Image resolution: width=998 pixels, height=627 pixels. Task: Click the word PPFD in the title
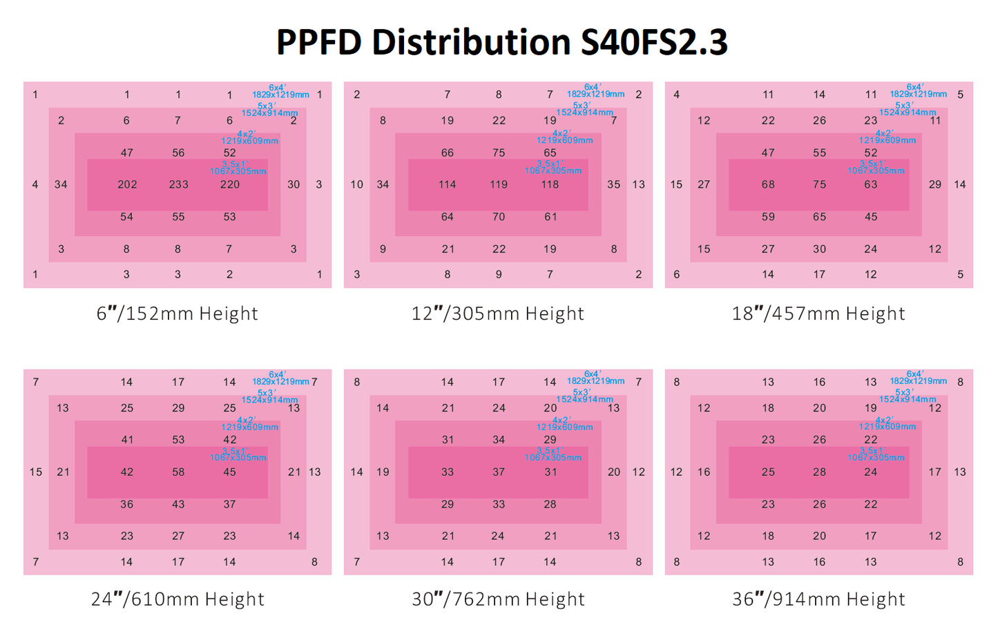tap(318, 43)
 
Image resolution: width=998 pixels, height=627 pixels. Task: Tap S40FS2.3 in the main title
tap(653, 43)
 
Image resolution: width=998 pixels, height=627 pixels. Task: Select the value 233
tap(178, 184)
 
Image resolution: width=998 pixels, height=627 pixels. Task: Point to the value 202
tap(127, 184)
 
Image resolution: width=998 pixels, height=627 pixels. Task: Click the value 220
tap(230, 184)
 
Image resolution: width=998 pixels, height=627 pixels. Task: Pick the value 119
tap(499, 184)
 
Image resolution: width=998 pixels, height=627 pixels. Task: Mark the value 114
tap(448, 184)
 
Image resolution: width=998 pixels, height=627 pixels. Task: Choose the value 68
tap(768, 184)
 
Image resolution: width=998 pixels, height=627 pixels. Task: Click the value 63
tap(871, 184)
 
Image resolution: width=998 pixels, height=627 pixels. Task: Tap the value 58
tap(178, 472)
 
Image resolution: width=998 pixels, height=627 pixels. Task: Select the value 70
tap(499, 217)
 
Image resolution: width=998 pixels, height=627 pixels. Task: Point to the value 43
tap(178, 505)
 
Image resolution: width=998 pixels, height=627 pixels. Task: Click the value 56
tap(178, 153)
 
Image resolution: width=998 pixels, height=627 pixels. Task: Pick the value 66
tap(448, 153)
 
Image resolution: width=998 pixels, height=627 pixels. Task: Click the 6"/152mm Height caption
tap(177, 314)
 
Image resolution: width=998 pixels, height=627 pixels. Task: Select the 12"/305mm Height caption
tap(498, 314)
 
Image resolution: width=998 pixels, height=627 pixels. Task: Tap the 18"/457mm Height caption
tap(818, 314)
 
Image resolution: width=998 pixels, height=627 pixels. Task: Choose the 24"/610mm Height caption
tap(177, 599)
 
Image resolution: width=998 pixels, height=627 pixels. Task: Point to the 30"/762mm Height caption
tap(498, 599)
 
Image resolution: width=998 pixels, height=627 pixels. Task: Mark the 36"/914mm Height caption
tap(818, 599)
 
